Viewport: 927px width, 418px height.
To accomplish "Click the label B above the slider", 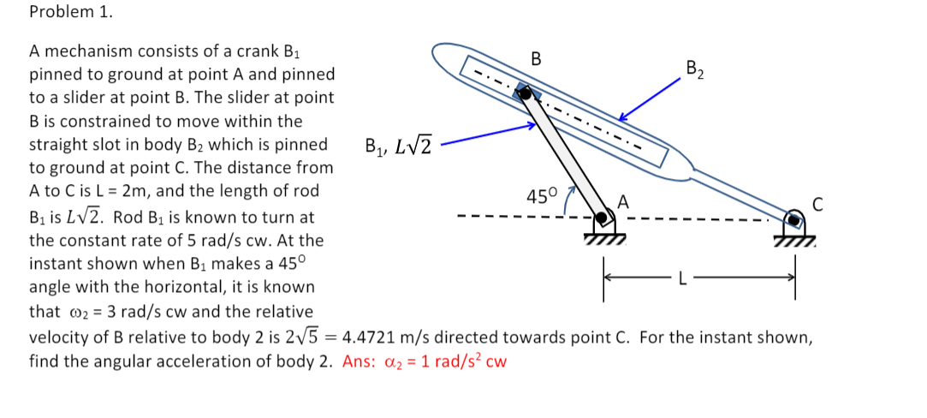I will tap(536, 59).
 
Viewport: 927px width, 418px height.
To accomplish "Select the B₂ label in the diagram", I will tap(695, 69).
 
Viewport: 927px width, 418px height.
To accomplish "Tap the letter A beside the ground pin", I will tap(623, 202).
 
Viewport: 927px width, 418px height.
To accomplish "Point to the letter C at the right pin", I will tap(818, 204).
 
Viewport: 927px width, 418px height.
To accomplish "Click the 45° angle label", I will tap(542, 196).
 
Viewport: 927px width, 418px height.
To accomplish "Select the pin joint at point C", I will tap(796, 220).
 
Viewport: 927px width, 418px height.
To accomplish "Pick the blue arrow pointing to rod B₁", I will tap(488, 135).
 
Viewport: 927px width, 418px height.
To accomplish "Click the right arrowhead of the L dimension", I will tap(792, 277).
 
